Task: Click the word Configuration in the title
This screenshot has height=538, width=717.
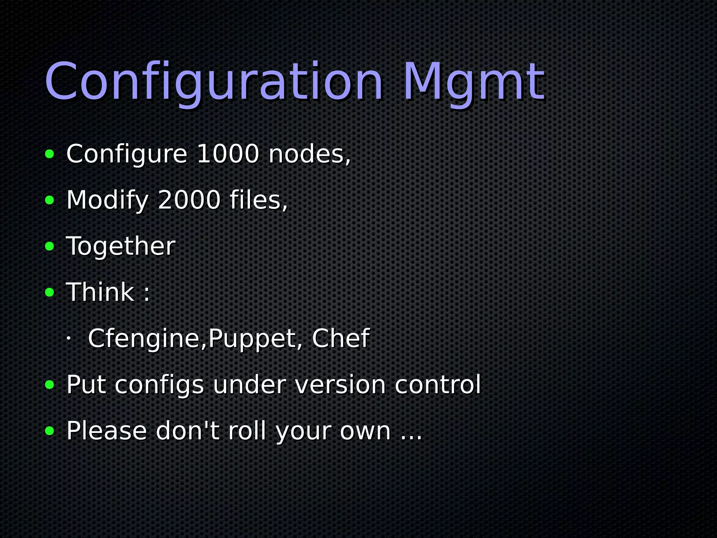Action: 214,82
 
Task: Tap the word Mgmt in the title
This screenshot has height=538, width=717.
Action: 474,82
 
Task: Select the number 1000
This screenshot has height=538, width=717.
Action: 228,154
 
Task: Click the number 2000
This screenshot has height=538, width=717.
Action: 189,200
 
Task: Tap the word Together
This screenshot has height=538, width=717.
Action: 121,246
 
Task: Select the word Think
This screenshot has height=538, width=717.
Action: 100,292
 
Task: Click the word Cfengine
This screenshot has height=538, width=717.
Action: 144,339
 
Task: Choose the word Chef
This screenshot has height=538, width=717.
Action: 341,338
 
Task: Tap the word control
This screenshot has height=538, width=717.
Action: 438,385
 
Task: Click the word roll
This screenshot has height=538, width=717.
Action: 247,430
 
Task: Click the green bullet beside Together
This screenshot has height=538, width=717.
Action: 50,247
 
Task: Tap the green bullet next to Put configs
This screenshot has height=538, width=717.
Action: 50,385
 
